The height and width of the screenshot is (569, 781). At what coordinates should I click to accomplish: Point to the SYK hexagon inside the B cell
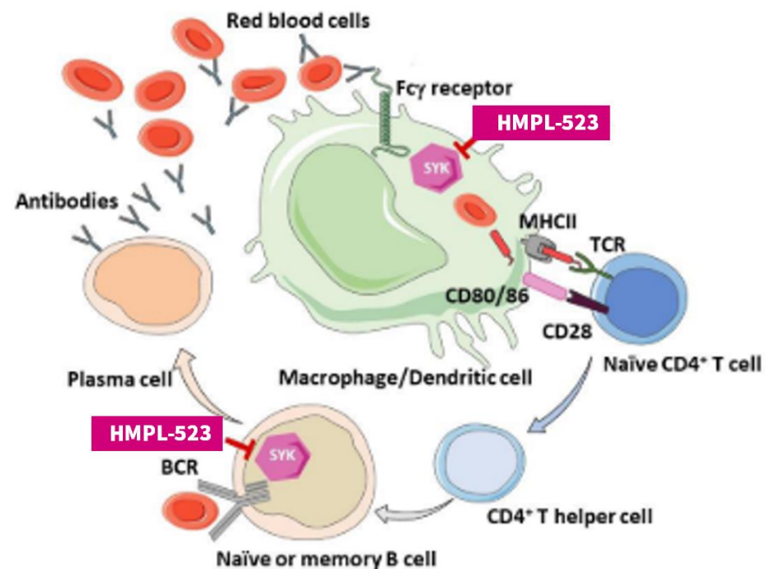pos(282,456)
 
